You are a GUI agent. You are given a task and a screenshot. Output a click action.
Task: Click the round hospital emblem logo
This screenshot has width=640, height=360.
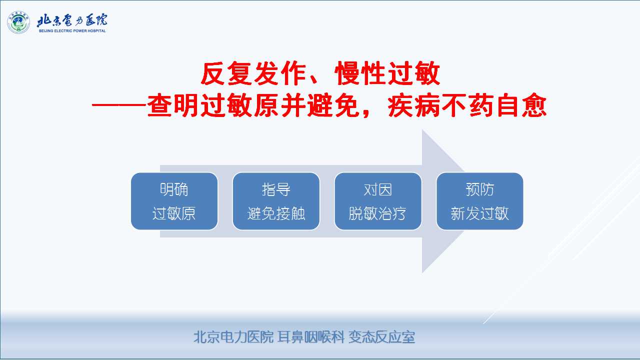click(x=18, y=22)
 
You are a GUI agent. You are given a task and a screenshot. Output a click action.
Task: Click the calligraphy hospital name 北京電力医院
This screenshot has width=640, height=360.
click(x=72, y=20)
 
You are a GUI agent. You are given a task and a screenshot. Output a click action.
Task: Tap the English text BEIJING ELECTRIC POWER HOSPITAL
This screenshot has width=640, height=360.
click(x=72, y=31)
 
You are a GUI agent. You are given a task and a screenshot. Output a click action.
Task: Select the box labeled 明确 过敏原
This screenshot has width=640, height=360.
click(x=174, y=201)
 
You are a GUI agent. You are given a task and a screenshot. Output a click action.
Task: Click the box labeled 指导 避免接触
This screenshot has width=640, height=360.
click(x=276, y=201)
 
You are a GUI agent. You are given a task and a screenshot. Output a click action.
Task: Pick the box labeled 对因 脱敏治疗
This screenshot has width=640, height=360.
click(x=377, y=201)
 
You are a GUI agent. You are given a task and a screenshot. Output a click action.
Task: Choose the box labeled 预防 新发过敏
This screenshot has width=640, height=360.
click(x=479, y=201)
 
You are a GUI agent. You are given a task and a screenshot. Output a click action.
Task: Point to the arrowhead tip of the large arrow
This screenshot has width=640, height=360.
click(x=493, y=201)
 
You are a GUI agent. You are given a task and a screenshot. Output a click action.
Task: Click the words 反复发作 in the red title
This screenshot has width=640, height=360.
click(x=253, y=73)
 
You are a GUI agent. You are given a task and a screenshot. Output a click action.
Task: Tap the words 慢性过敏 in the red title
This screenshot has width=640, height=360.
click(x=387, y=73)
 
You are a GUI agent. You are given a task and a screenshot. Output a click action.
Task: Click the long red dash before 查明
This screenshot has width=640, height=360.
click(x=119, y=105)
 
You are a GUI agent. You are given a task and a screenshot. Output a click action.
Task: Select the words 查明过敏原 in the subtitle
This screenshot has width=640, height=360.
click(x=213, y=105)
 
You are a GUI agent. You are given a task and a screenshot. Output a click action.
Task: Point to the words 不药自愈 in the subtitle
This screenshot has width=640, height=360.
click(x=493, y=105)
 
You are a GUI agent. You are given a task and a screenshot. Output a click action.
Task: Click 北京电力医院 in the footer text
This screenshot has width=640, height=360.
click(x=233, y=337)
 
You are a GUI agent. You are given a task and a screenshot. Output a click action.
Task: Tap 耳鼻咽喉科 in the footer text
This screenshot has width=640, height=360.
click(x=311, y=337)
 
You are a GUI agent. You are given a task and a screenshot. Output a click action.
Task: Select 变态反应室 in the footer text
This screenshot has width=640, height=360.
click(x=381, y=337)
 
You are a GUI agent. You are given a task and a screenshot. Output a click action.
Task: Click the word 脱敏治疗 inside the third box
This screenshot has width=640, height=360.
click(x=377, y=213)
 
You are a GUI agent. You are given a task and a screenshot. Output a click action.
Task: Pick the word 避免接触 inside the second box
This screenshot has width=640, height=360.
click(x=276, y=213)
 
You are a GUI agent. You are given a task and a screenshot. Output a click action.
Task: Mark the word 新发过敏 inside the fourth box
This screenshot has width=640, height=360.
click(x=479, y=213)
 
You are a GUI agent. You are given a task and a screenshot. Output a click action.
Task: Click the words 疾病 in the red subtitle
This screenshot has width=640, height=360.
click(x=413, y=105)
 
